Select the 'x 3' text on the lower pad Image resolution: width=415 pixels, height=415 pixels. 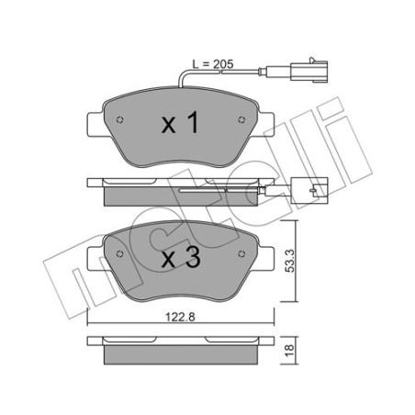pyautogui.click(x=181, y=261)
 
